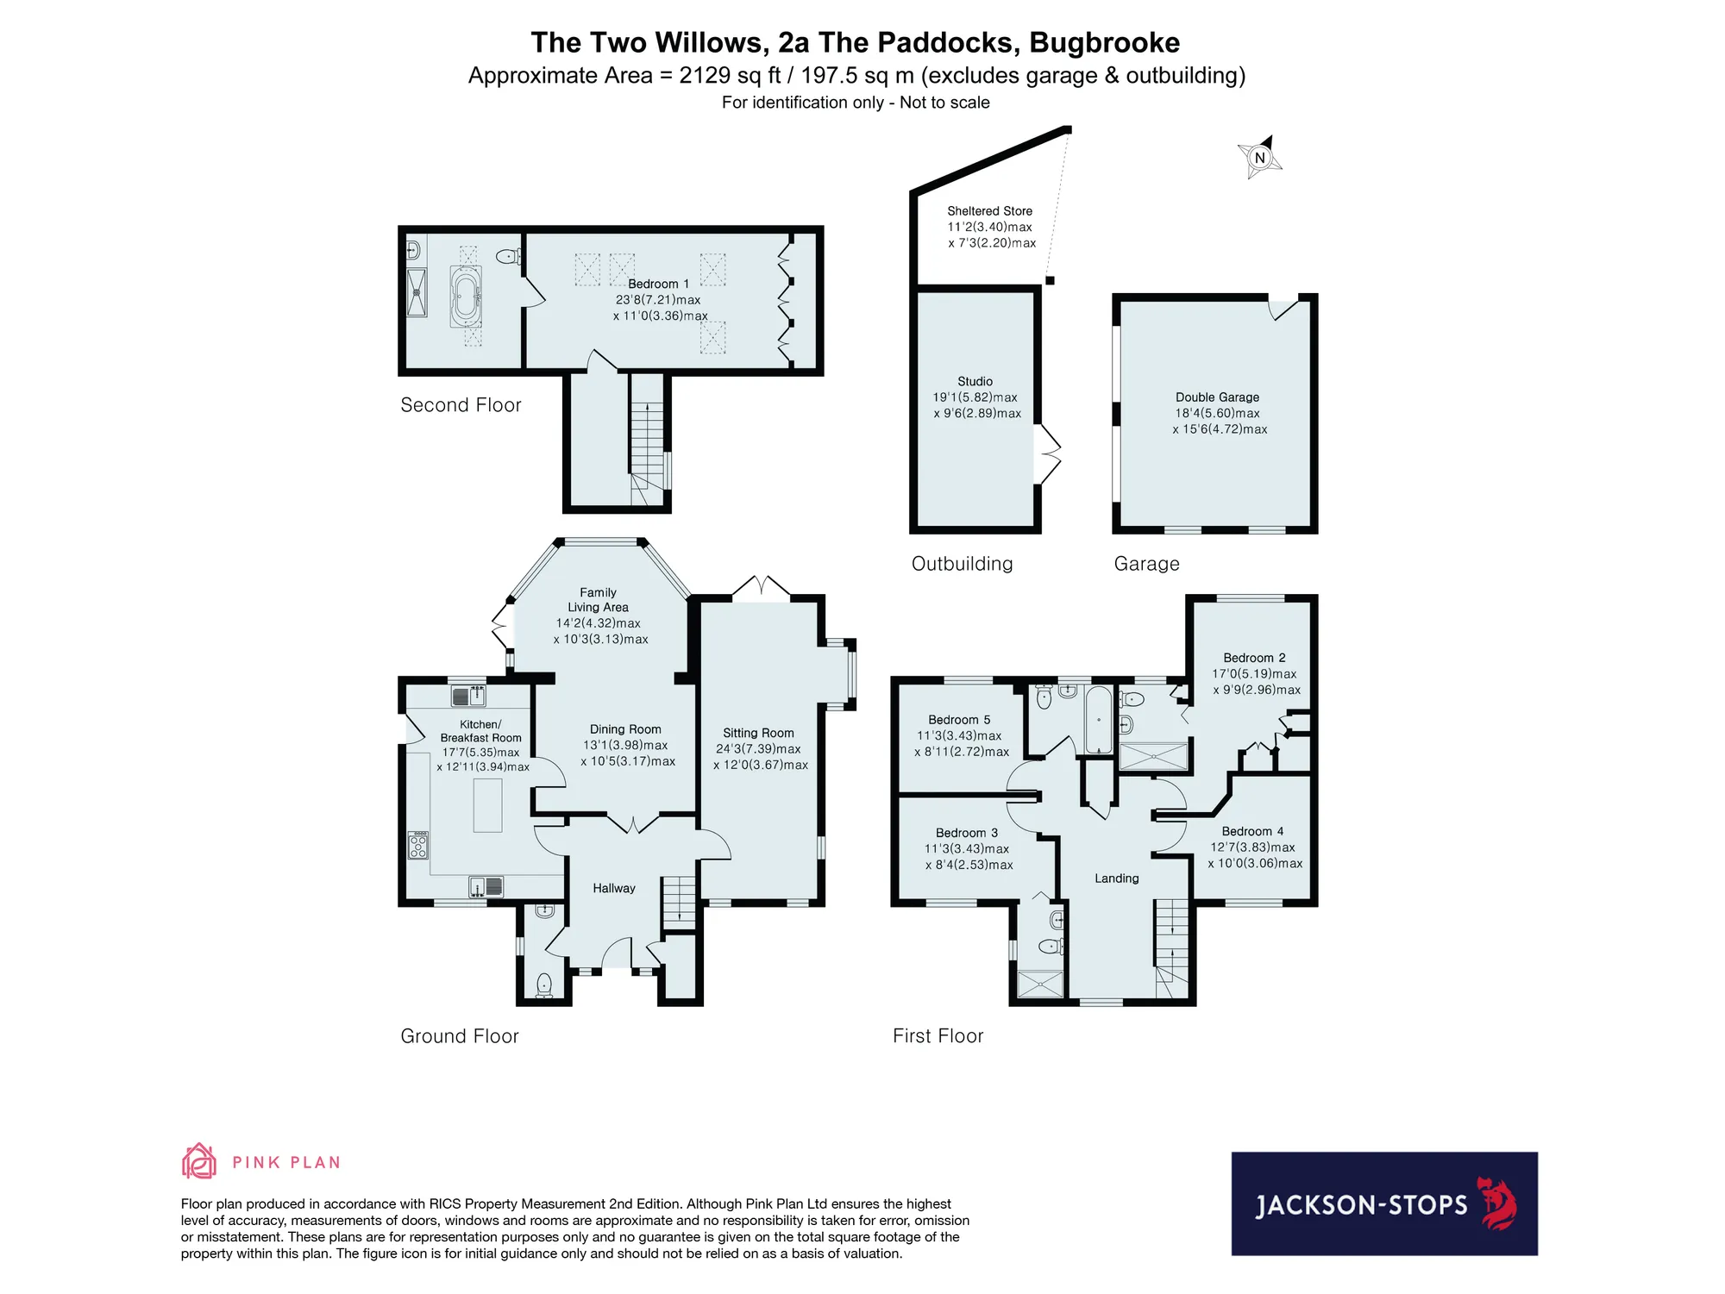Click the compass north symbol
(1260, 157)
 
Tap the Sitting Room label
(758, 733)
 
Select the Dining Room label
(625, 729)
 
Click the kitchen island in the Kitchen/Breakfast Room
(487, 804)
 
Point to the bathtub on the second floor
(466, 296)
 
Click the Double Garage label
(1217, 397)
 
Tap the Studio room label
(975, 381)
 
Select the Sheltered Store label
(989, 211)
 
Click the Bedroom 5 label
(959, 720)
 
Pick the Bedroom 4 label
(1252, 831)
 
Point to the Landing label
(1117, 878)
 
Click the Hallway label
(614, 888)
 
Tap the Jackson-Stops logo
(1384, 1203)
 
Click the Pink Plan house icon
(198, 1161)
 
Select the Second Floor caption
(461, 405)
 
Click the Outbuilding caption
(963, 564)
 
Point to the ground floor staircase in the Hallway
(679, 901)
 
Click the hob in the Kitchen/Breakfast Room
(417, 846)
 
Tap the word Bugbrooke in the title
(1105, 42)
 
